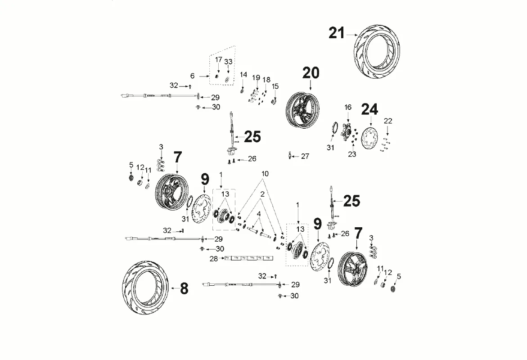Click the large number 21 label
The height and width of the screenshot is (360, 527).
coord(336,33)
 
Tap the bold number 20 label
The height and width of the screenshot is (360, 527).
coord(311,73)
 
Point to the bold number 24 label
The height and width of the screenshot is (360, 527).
coord(370,109)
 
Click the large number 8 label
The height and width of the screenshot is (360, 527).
coord(184,288)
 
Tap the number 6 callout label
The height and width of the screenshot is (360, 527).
coord(192,76)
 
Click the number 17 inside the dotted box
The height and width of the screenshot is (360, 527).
coord(218,60)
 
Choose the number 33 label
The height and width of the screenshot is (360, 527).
coord(228,61)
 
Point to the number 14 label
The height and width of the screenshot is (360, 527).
coord(243,74)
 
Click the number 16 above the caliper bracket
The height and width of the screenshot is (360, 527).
coord(348,108)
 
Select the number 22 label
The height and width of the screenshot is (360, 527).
coord(388,121)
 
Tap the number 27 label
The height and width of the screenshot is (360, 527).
coord(305,157)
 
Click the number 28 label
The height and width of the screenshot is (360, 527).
coord(214,259)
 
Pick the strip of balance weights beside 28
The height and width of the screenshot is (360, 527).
coord(248,258)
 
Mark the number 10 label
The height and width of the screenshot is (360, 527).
coord(265,174)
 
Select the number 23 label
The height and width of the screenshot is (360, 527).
coord(352,154)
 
